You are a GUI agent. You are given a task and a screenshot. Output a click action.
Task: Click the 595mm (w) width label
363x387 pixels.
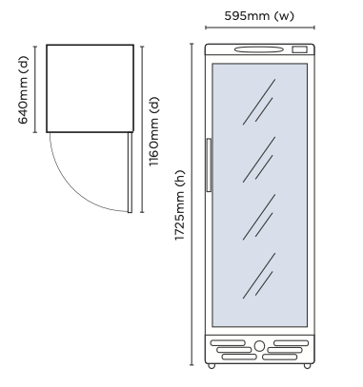click(x=258, y=16)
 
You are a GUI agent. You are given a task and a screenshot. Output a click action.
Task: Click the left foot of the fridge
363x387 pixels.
click(x=211, y=365)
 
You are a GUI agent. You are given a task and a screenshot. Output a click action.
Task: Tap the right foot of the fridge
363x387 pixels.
click(x=307, y=365)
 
